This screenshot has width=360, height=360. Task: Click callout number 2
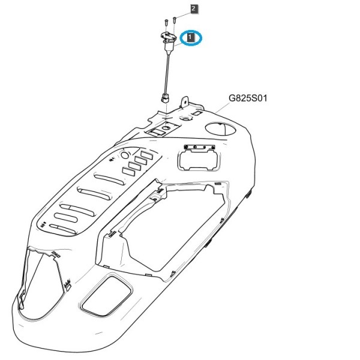tap(194, 9)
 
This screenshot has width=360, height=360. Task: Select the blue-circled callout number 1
tap(190, 37)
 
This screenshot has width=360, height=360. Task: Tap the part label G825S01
tap(248, 98)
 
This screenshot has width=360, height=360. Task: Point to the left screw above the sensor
tap(166, 23)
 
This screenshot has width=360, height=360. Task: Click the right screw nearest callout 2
tap(175, 20)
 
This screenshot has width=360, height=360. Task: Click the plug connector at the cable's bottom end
tap(165, 98)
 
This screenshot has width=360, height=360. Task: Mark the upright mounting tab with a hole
tap(185, 101)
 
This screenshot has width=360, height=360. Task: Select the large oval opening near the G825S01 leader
tap(220, 128)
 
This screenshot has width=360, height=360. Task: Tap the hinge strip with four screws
tap(200, 147)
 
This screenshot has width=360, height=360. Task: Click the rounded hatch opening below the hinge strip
tap(199, 160)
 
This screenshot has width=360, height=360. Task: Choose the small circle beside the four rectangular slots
tap(125, 155)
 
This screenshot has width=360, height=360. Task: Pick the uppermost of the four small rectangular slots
tap(146, 155)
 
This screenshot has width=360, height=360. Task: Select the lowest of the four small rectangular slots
tap(128, 171)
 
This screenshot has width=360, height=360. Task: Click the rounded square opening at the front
tap(106, 296)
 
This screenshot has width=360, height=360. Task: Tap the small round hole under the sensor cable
tap(166, 127)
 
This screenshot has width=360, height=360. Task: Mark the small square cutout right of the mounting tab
tap(197, 113)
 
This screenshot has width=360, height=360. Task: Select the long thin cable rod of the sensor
tap(167, 73)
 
